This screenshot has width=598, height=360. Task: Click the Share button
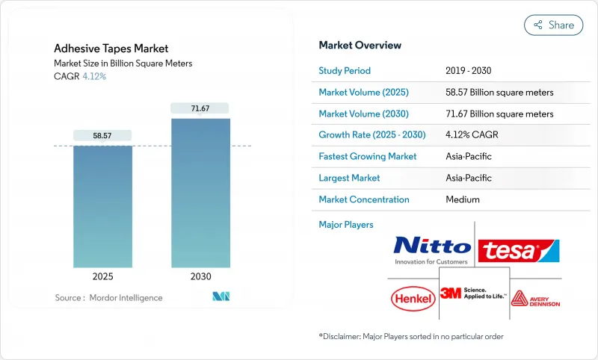pyautogui.click(x=553, y=25)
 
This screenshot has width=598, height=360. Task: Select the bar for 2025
pyautogui.click(x=102, y=206)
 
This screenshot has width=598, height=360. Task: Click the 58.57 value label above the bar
pyautogui.click(x=102, y=135)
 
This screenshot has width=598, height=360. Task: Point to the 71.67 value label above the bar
pyautogui.click(x=200, y=108)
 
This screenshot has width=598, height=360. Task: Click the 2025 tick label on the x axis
pyautogui.click(x=102, y=276)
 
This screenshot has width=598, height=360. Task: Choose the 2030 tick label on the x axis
pyautogui.click(x=200, y=276)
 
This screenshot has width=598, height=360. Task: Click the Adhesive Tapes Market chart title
pyautogui.click(x=111, y=49)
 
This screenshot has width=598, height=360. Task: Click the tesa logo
pyautogui.click(x=519, y=249)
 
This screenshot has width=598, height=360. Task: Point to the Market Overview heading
pyautogui.click(x=360, y=45)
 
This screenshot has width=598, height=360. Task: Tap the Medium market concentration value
pyautogui.click(x=463, y=199)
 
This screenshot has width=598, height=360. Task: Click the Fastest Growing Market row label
pyautogui.click(x=367, y=157)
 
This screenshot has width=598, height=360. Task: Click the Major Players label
pyautogui.click(x=345, y=224)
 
